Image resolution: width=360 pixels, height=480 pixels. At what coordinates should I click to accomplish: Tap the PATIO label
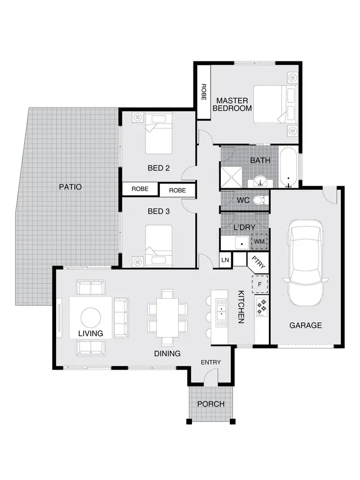71,186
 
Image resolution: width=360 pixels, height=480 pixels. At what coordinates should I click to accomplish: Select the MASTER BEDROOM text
232,104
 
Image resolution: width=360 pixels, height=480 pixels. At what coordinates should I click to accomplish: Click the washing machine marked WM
259,241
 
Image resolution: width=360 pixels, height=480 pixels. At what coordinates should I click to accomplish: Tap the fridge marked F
260,284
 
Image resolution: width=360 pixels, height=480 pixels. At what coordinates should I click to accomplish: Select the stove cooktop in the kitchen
262,307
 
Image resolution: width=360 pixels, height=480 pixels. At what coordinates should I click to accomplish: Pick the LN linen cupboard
226,260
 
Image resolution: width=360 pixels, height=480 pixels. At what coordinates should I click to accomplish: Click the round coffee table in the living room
91,317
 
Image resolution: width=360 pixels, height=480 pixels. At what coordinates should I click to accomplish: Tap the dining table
168,317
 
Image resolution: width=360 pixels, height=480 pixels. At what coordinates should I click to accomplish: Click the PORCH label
211,404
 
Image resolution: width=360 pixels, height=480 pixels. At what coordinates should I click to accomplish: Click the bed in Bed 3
158,244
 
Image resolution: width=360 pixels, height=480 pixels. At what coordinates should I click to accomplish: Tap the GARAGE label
305,325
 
